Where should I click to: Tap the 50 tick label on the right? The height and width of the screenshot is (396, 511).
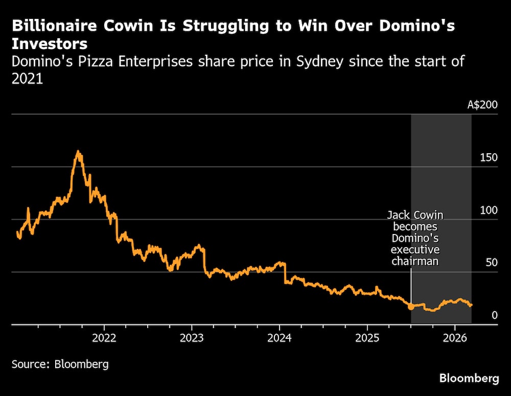pyautogui.click(x=491, y=263)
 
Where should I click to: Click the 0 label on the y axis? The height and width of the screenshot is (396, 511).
pyautogui.click(x=494, y=315)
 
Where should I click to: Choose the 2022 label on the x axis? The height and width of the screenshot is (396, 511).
pyautogui.click(x=104, y=338)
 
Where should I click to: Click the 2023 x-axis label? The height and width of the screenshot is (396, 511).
pyautogui.click(x=192, y=338)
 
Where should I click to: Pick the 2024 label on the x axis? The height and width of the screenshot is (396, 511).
pyautogui.click(x=280, y=338)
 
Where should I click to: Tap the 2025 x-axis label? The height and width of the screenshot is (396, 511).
pyautogui.click(x=367, y=338)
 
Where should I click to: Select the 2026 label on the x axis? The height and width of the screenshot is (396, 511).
pyautogui.click(x=455, y=338)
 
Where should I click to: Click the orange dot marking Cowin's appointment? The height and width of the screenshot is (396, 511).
pyautogui.click(x=411, y=307)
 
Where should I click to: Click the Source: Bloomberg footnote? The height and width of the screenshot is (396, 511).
pyautogui.click(x=60, y=364)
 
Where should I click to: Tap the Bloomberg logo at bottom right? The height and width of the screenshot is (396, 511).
pyautogui.click(x=469, y=379)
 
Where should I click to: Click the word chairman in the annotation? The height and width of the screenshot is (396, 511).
pyautogui.click(x=415, y=261)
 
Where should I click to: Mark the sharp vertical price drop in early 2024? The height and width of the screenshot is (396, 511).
pyautogui.click(x=284, y=273)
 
